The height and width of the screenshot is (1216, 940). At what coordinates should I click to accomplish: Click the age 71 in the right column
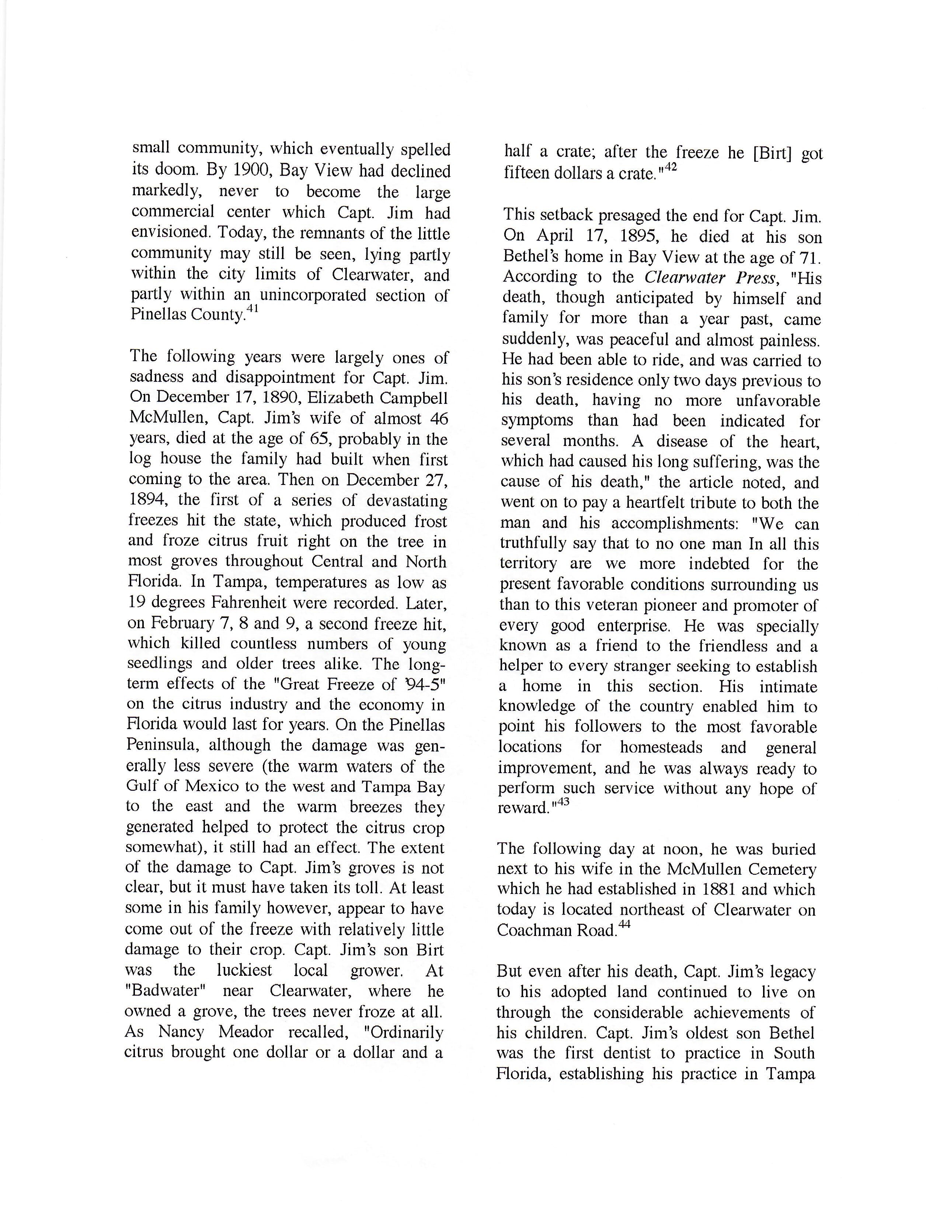pos(811,257)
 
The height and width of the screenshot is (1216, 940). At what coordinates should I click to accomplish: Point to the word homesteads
pos(661,747)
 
